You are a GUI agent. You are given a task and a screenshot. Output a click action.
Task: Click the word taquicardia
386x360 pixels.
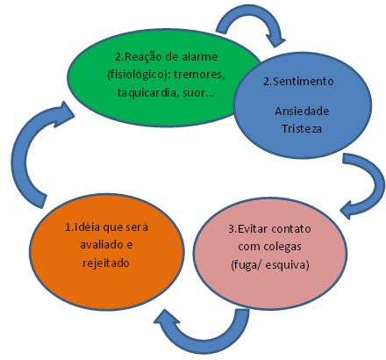[x=152, y=93]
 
